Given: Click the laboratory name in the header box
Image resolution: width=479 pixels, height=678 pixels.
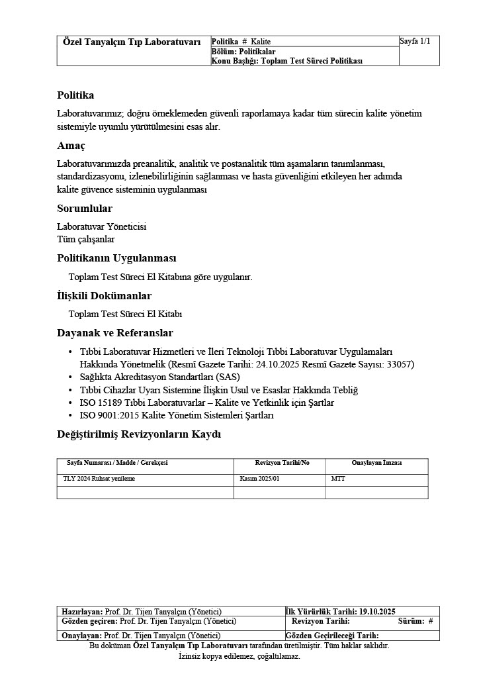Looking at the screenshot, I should (132, 42).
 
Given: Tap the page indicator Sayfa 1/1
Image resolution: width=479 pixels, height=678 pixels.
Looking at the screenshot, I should (415, 42).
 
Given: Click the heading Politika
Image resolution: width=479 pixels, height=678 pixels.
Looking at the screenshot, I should (75, 95).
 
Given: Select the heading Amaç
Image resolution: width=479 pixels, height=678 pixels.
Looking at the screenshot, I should (71, 145).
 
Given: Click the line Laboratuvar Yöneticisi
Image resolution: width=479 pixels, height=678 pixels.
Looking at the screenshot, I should (101, 226).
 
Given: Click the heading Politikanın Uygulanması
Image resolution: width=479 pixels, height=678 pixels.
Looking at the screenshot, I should (116, 258).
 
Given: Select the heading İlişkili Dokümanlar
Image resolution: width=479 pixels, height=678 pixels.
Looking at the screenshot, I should (104, 296).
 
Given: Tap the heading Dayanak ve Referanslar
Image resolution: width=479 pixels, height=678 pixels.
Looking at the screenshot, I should (115, 333).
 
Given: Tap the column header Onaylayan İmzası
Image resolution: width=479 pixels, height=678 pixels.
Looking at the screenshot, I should (376, 463).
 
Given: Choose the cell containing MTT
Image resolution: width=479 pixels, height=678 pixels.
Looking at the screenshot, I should (337, 478).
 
